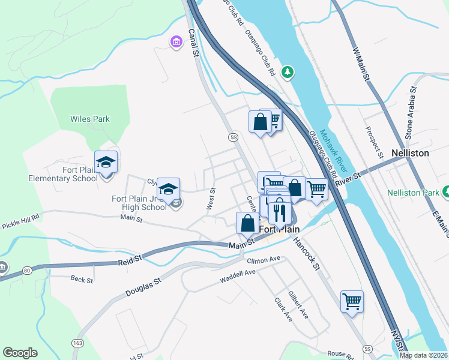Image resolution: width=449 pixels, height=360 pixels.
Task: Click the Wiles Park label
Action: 90,119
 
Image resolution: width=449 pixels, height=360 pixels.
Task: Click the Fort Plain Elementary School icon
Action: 106,163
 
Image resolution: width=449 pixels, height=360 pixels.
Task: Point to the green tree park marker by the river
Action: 288,72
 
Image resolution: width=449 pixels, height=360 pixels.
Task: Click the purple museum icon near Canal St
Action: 176,42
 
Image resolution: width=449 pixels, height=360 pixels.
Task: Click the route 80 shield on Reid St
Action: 27,271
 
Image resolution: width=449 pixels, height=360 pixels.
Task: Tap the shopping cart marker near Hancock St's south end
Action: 352,301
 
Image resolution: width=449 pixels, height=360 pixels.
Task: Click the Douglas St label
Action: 144,286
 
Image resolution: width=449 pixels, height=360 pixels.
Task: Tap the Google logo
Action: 20,353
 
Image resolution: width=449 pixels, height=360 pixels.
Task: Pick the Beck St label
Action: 82,280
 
